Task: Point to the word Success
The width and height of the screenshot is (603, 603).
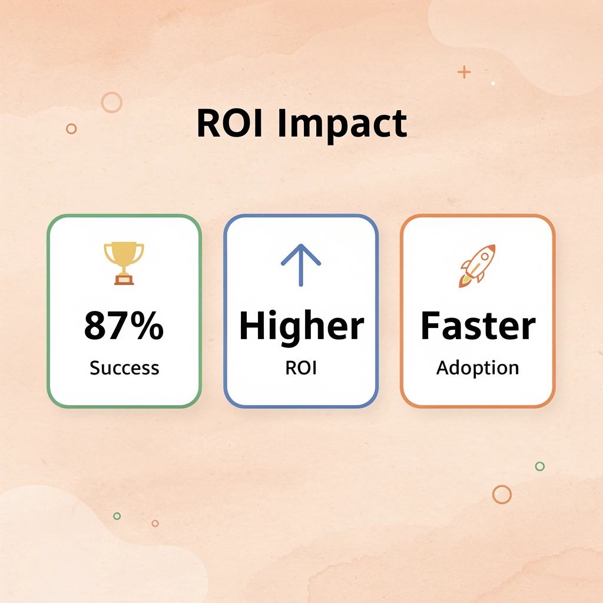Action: [124, 368]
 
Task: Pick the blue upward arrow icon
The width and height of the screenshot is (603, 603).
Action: [301, 264]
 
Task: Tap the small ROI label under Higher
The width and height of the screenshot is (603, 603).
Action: [301, 368]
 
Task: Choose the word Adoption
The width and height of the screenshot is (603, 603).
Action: [478, 369]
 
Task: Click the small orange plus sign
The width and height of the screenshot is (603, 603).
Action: [464, 72]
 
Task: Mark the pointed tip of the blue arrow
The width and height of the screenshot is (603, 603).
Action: [301, 246]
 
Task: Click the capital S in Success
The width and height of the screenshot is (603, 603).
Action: [94, 368]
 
